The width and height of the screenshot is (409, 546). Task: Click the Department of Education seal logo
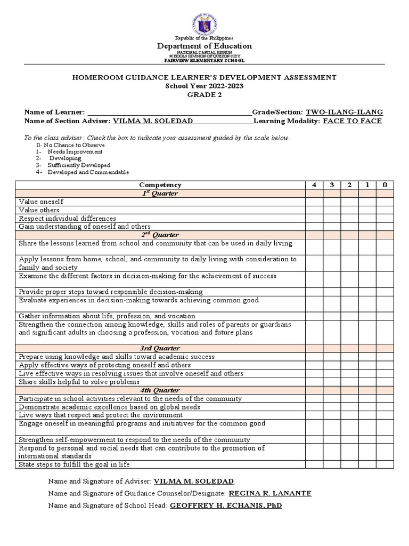tap(204, 25)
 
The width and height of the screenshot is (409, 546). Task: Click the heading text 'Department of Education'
tap(204, 46)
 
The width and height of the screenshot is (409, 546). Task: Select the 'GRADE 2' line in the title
tap(204, 95)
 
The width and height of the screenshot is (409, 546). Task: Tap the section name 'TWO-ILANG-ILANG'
tap(344, 112)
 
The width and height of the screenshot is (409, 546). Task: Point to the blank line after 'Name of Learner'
tap(169, 113)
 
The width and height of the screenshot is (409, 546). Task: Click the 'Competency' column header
tap(160, 185)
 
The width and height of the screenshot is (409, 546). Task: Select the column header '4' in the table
tap(314, 185)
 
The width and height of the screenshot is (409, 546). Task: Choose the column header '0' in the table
tap(385, 185)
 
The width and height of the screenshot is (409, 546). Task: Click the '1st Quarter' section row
tap(160, 194)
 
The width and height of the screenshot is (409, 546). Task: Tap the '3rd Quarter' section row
tap(160, 348)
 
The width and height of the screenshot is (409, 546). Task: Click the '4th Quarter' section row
tap(160, 390)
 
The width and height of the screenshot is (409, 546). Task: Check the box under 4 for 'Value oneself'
tap(314, 202)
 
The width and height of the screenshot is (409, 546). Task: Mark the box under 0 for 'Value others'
tap(385, 210)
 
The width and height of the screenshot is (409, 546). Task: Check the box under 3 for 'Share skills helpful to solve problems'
tap(332, 382)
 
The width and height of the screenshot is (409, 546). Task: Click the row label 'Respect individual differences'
tap(67, 219)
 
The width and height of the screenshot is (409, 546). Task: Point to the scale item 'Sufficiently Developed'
tap(79, 165)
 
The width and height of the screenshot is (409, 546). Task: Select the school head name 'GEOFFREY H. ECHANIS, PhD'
tap(226, 505)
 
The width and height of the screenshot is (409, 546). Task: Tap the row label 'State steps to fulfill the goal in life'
tap(74, 464)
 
